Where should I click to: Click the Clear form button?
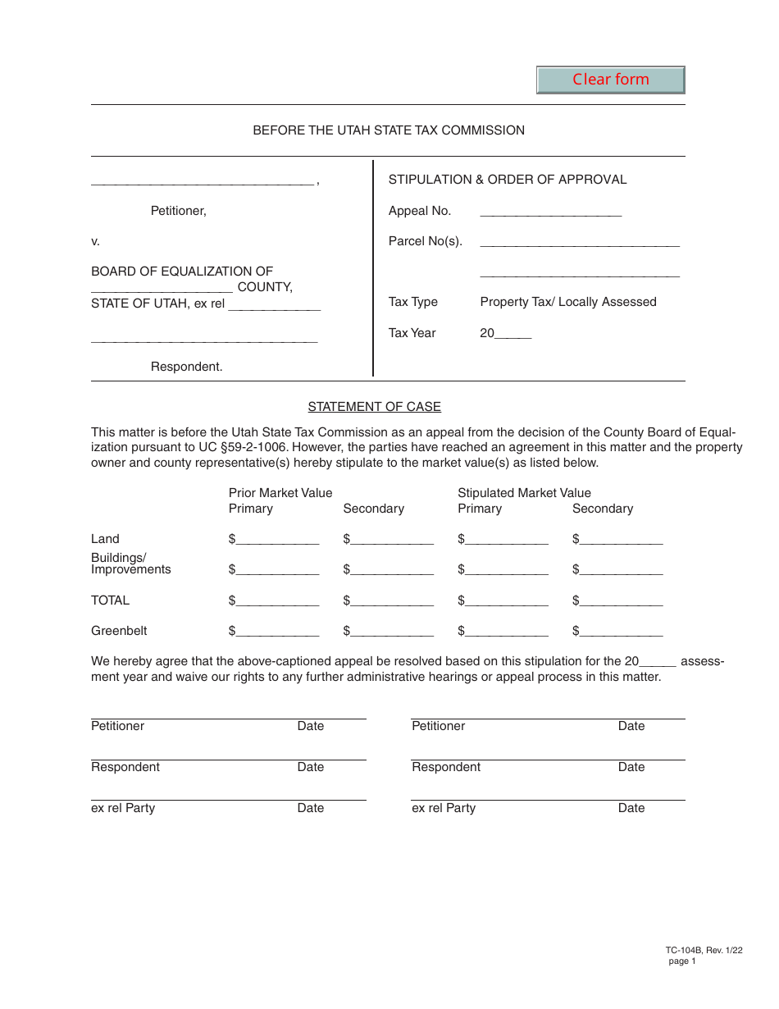[610, 80]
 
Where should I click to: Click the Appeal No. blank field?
[550, 212]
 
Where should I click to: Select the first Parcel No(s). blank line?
[579, 241]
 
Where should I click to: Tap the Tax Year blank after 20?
[513, 334]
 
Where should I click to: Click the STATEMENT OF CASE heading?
[374, 407]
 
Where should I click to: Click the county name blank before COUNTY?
[162, 288]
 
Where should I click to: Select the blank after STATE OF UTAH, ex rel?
[274, 304]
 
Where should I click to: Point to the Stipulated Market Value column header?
[524, 493]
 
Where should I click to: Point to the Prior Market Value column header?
[280, 493]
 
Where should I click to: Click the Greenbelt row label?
[119, 631]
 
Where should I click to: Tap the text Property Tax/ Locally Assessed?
[568, 302]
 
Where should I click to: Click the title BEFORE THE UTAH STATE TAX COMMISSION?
[389, 130]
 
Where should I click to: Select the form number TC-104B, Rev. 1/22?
[704, 951]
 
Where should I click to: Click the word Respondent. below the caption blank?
[186, 367]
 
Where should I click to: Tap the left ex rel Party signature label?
[123, 808]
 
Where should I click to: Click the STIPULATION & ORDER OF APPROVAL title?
[507, 180]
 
